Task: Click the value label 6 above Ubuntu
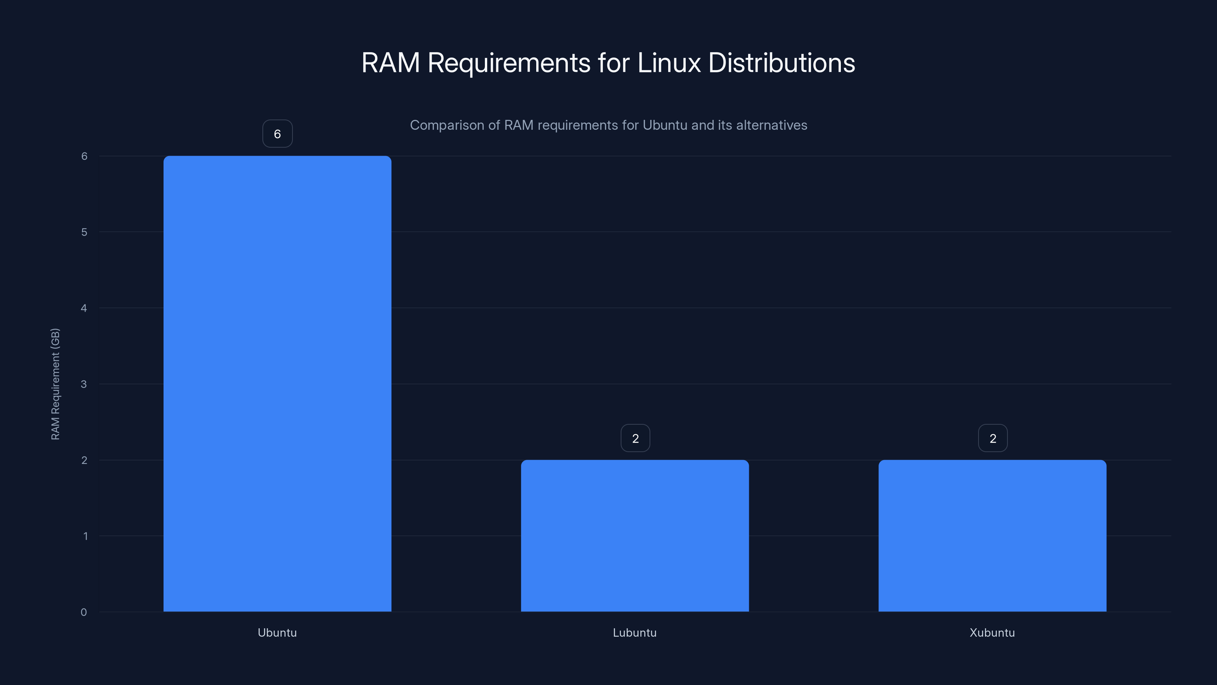tap(277, 134)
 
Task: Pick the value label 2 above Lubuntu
tap(635, 438)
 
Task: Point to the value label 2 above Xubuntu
tap(993, 438)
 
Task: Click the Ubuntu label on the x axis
tap(277, 632)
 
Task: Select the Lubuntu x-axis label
tap(634, 632)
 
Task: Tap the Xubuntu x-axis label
tap(992, 632)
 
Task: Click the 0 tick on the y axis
tap(84, 612)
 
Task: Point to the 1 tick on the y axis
tap(85, 536)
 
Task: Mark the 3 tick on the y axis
tap(84, 384)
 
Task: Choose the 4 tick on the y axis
tap(84, 308)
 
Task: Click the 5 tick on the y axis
tap(84, 232)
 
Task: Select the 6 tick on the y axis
tap(84, 156)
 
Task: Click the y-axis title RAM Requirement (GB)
tap(55, 384)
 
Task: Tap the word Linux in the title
tap(669, 63)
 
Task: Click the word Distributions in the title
tap(782, 63)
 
